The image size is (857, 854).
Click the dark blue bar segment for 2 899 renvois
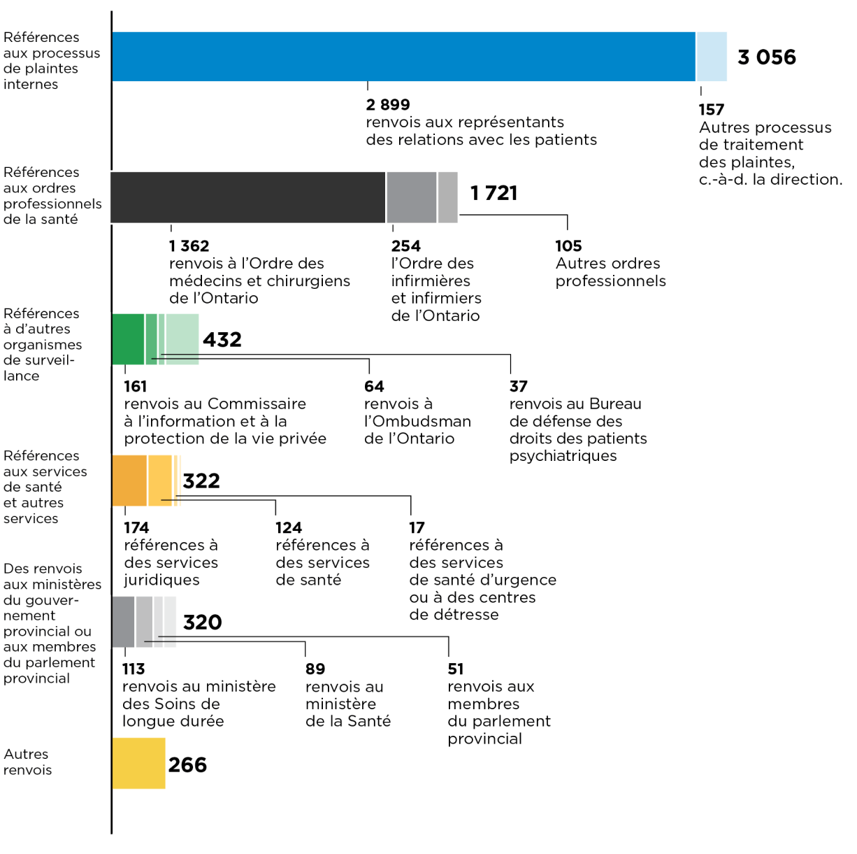403,57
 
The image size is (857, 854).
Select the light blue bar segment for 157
712,57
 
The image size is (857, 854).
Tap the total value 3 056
766,57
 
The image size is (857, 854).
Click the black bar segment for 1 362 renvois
248,197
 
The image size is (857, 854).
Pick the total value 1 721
494,193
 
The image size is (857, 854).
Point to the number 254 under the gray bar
405,246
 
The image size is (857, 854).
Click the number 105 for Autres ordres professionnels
568,246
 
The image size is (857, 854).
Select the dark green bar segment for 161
128,339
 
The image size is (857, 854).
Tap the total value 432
222,340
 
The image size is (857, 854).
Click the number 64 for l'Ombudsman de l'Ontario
374,387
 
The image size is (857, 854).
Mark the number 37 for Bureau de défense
518,387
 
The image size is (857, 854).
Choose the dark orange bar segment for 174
129,481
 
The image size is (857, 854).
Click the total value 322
201,481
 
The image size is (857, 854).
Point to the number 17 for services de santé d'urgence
417,528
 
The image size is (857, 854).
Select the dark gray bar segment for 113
123,622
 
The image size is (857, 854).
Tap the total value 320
202,622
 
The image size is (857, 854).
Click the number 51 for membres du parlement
455,669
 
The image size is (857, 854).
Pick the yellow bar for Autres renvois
138,763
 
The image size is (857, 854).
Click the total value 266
187,764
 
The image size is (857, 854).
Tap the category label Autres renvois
27,762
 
